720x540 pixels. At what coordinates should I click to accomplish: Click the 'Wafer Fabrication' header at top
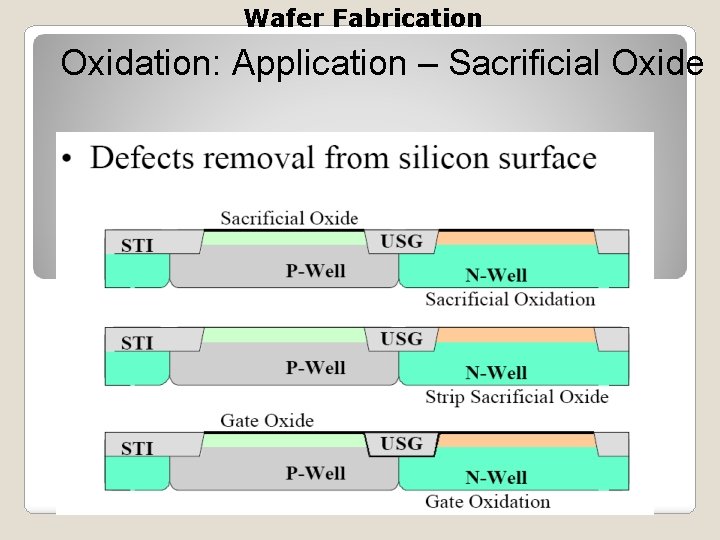click(x=362, y=18)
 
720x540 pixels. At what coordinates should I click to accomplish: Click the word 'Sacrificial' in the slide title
click(x=516, y=64)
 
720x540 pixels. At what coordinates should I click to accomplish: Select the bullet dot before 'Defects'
click(x=67, y=159)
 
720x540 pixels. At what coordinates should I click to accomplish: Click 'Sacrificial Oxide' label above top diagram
click(x=289, y=218)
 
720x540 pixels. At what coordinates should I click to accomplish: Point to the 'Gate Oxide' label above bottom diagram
click(x=267, y=420)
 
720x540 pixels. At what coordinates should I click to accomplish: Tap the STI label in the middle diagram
click(x=137, y=343)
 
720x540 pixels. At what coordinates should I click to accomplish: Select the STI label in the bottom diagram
click(x=137, y=448)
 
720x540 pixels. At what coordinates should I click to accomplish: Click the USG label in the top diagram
click(x=401, y=241)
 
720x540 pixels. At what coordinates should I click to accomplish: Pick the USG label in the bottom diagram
click(x=401, y=443)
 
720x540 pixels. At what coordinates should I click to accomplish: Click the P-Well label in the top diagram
click(x=315, y=270)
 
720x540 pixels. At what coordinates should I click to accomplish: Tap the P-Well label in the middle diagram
click(x=315, y=367)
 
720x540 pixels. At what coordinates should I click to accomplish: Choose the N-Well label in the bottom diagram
click(x=496, y=477)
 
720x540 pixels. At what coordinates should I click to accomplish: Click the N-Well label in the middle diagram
click(x=496, y=373)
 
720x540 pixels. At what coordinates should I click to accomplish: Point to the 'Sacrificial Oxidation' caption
click(x=510, y=299)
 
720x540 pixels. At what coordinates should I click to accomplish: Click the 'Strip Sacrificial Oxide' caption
click(x=516, y=397)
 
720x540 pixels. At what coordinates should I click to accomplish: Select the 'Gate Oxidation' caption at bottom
click(x=488, y=501)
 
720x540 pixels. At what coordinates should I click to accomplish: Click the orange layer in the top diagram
click(x=516, y=239)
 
